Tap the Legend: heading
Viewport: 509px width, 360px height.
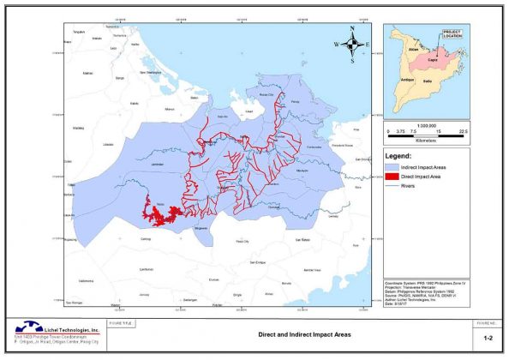point(401,157)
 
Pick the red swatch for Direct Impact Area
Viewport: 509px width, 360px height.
point(393,174)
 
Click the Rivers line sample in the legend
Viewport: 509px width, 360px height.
point(393,183)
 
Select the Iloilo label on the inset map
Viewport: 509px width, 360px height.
point(439,81)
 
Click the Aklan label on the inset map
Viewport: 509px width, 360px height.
point(412,51)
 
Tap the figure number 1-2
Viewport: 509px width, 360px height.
point(487,339)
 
